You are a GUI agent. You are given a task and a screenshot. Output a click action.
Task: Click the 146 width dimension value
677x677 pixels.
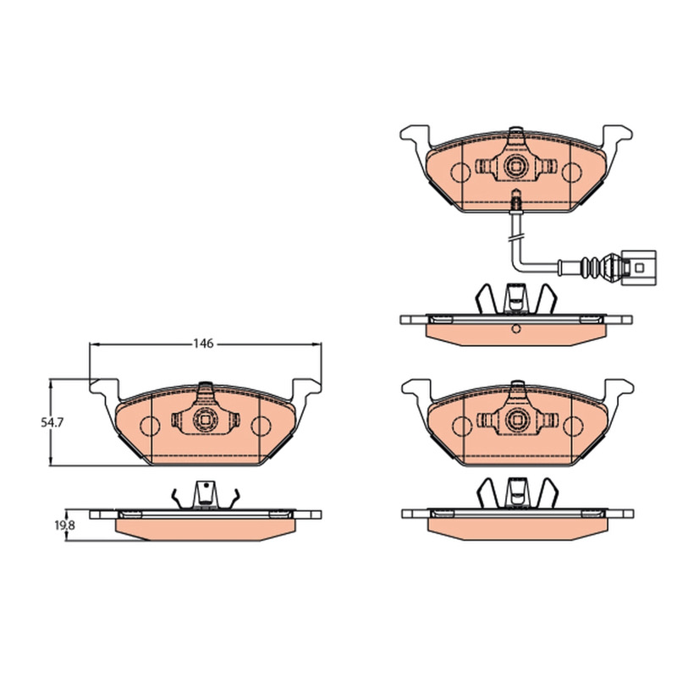point(203,344)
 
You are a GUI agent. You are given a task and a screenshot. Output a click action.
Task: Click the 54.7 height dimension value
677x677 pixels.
point(52,422)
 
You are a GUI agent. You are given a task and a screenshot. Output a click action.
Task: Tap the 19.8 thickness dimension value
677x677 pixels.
point(64,526)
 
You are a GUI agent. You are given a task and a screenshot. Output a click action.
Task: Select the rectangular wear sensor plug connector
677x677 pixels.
point(639,267)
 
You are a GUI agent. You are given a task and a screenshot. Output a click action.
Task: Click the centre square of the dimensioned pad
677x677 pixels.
point(205,419)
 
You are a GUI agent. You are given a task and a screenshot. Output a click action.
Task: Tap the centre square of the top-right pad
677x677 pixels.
point(516,166)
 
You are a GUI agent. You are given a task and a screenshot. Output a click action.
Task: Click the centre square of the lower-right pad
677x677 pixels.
point(516,419)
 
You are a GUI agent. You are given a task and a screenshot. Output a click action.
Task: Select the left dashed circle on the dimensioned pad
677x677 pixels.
point(150,427)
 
